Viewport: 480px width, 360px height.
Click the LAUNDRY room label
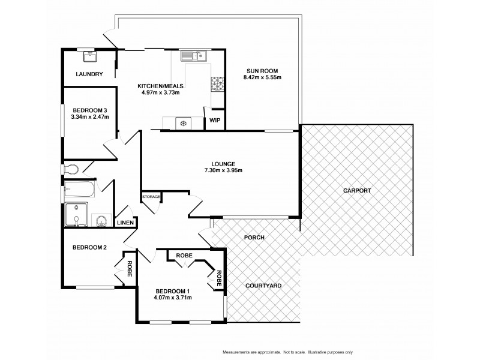coord(89,74)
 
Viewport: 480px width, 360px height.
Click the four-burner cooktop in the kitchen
coord(217,85)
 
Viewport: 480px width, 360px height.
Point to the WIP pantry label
coord(214,120)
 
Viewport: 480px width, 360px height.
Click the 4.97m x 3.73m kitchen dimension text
coord(159,92)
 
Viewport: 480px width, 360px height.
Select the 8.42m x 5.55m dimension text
coord(262,77)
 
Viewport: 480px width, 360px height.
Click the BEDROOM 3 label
coord(89,110)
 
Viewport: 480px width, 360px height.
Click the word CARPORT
coord(357,190)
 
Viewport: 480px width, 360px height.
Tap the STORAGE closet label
coord(151,196)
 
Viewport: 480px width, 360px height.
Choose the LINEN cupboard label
coord(125,223)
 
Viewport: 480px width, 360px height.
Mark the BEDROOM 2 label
coord(89,247)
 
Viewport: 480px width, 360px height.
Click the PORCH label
coord(254,238)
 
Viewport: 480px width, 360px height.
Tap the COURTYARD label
coord(263,286)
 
